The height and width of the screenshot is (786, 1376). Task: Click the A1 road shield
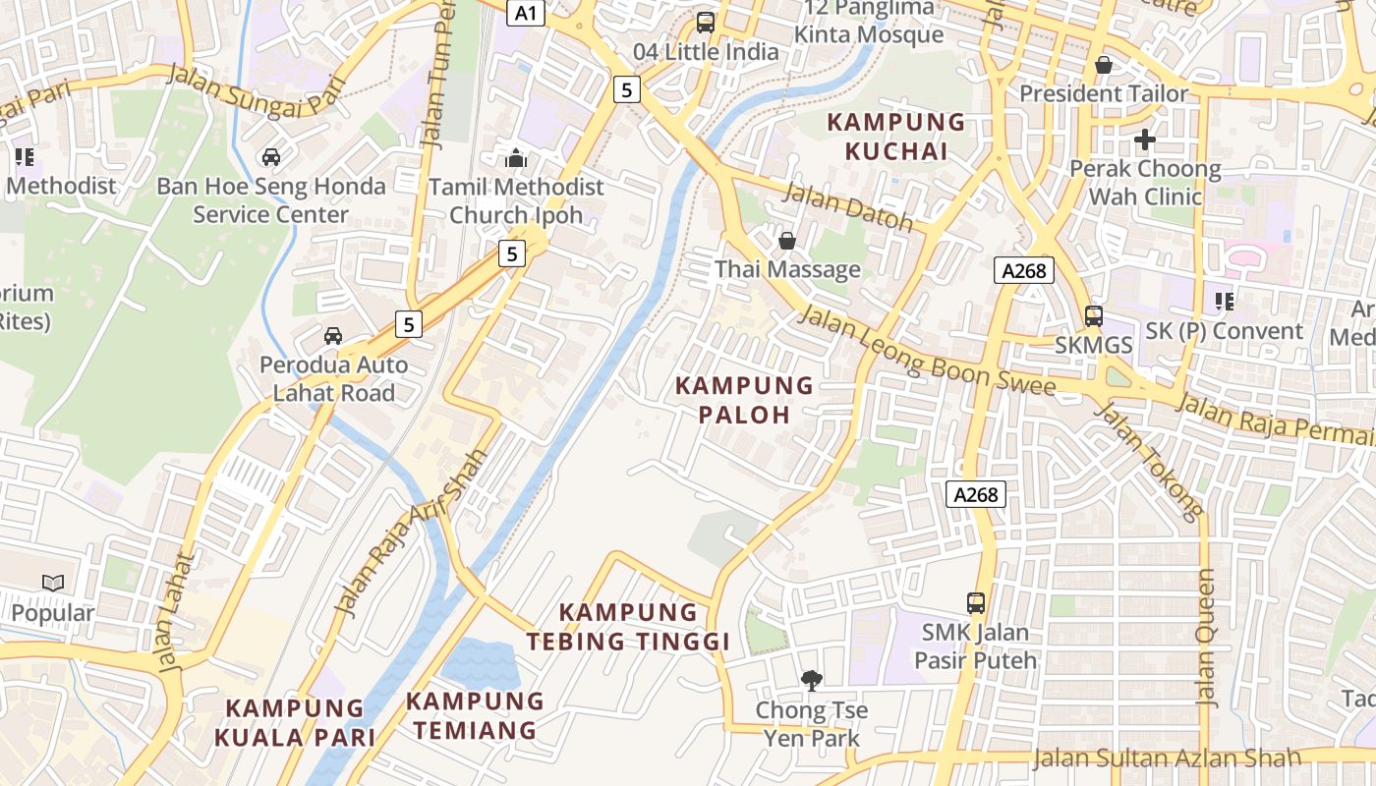(527, 13)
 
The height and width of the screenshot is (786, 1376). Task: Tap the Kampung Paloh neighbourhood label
(744, 400)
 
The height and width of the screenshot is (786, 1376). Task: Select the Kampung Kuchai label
(896, 137)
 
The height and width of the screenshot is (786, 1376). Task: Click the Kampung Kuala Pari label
(295, 722)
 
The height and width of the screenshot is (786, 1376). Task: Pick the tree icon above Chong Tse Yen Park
(811, 680)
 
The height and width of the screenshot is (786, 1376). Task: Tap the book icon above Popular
(53, 583)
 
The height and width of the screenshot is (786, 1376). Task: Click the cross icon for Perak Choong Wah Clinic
(1144, 140)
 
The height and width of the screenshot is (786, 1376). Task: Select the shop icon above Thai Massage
(787, 240)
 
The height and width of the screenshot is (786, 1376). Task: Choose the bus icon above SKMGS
(1093, 315)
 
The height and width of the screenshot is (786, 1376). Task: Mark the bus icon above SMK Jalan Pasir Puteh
(975, 602)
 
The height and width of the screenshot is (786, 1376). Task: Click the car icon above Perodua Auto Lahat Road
(333, 335)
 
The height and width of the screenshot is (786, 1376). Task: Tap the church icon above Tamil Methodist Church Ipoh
(516, 157)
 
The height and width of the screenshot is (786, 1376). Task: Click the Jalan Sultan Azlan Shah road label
(1167, 758)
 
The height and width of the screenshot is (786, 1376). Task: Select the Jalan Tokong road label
(1149, 460)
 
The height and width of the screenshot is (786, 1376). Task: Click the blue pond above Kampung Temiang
(480, 662)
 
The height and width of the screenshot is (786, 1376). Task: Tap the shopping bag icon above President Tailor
(1104, 65)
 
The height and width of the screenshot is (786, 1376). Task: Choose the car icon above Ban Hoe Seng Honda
(270, 156)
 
